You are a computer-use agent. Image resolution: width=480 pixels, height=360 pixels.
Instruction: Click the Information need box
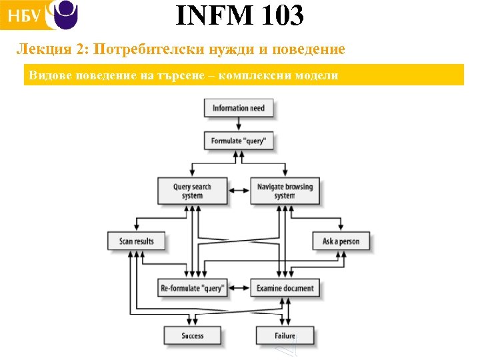(x=239, y=108)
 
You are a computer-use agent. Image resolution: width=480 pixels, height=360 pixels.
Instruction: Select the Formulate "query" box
(x=239, y=141)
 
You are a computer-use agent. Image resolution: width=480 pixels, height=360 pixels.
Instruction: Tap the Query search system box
(x=192, y=191)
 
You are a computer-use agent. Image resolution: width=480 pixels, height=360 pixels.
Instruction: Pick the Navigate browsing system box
(x=285, y=191)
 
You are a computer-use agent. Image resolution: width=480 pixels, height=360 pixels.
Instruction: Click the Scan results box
(x=136, y=241)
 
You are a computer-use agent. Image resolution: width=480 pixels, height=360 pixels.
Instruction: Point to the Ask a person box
(x=341, y=241)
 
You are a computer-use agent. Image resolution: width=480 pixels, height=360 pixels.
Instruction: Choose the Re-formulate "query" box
(x=192, y=288)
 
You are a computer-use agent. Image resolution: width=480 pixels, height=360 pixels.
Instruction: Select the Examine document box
(x=285, y=288)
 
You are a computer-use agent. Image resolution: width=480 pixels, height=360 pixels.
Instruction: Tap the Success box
(x=192, y=335)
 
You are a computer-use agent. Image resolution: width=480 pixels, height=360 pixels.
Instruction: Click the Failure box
(x=285, y=335)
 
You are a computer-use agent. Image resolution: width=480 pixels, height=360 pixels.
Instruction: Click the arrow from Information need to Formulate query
(x=239, y=125)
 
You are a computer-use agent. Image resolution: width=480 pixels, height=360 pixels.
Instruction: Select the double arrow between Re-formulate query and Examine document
(x=239, y=288)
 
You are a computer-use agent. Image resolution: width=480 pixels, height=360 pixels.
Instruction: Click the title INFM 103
(x=239, y=16)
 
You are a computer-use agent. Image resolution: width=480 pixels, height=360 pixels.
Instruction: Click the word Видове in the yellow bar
(x=47, y=75)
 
